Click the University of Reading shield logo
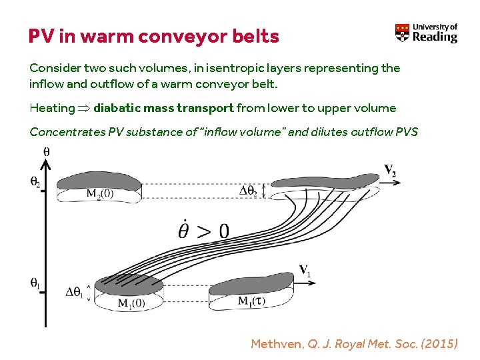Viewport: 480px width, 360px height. coord(403,33)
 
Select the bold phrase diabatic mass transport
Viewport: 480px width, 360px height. coord(163,108)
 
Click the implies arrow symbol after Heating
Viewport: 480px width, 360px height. coord(84,109)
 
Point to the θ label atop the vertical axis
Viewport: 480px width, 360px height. coord(46,151)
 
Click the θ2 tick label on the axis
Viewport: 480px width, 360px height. coord(34,181)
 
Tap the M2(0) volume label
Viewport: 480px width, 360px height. coord(100,194)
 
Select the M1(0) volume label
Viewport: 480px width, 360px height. coord(131,303)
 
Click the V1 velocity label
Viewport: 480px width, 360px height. coord(305,270)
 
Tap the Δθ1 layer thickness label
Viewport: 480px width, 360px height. coord(76,293)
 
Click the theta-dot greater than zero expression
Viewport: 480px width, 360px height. coord(203,230)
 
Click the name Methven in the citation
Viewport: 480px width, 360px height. coord(277,344)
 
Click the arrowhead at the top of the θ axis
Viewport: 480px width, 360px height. coord(44,161)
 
